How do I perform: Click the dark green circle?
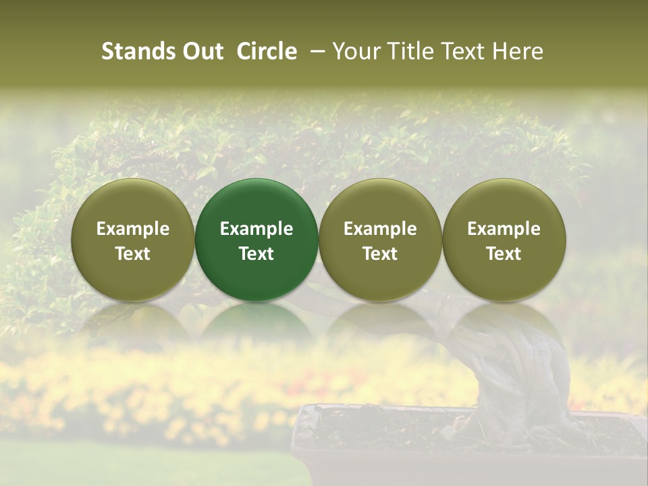tap(256, 202)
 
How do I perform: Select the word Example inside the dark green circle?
tap(256, 229)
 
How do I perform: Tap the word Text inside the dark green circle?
tap(256, 254)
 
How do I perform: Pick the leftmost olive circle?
tap(133, 202)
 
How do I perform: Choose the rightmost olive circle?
tap(504, 202)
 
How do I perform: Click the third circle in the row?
tap(380, 202)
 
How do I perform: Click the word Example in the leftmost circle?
tap(133, 229)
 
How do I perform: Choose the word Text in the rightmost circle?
tap(504, 254)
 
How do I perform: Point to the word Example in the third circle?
tap(380, 229)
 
